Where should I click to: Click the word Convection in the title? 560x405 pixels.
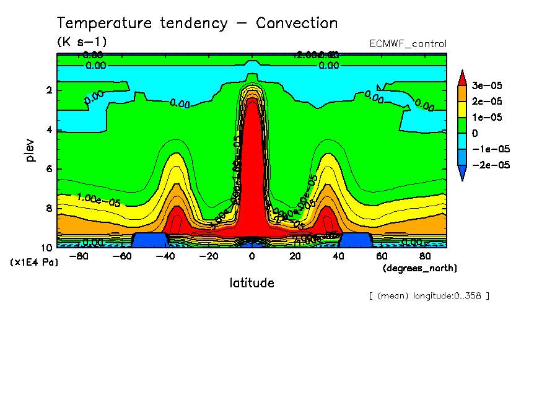[297, 24]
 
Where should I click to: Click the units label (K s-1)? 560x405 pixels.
[82, 42]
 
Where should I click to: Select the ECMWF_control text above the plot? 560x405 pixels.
[408, 44]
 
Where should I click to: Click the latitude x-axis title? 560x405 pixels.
[252, 283]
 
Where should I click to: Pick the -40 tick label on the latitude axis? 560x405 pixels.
[165, 256]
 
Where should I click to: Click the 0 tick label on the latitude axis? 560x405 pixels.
[252, 256]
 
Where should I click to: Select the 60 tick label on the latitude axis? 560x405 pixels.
[382, 256]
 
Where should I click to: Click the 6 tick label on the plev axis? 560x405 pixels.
[49, 169]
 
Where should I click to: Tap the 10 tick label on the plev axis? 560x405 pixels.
[46, 248]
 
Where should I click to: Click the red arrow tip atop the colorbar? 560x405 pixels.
[462, 76]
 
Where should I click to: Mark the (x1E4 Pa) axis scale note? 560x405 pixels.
[34, 263]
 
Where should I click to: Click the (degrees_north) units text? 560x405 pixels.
[420, 268]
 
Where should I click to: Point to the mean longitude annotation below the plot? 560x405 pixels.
[429, 295]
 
